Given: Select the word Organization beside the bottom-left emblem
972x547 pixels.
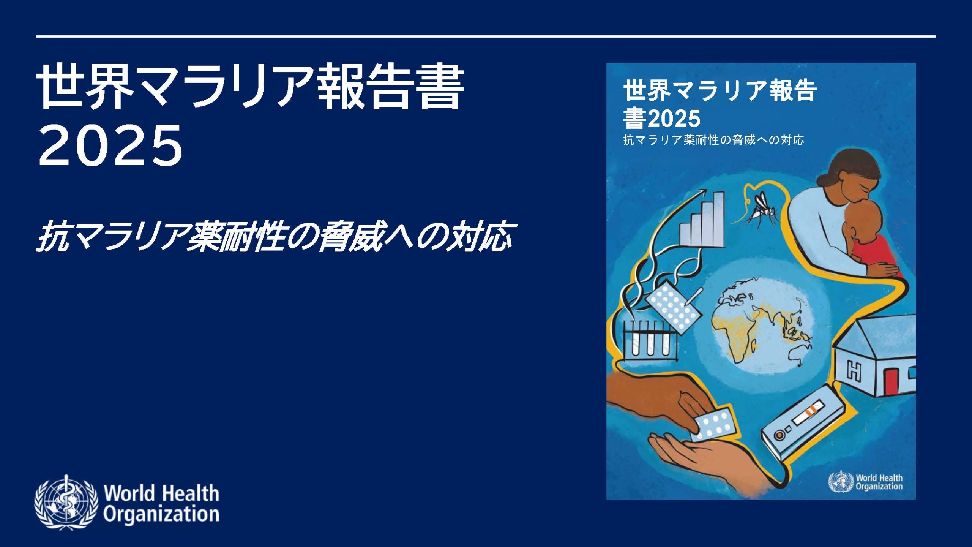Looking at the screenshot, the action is point(161,514).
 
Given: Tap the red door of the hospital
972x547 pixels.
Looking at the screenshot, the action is point(890,380).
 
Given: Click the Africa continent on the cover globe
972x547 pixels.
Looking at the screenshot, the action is point(735,334).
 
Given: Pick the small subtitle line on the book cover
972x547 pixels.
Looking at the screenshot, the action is point(713,140).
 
